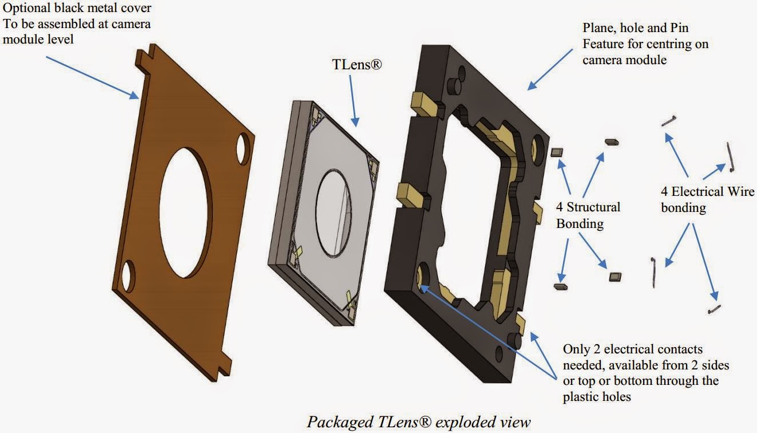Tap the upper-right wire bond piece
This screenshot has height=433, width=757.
[730, 157]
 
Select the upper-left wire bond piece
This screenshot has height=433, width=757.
[669, 121]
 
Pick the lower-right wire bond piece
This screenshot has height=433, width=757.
[714, 310]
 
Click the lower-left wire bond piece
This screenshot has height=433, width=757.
[654, 272]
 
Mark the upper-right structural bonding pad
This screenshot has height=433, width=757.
[611, 141]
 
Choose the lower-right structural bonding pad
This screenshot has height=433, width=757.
[616, 277]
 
